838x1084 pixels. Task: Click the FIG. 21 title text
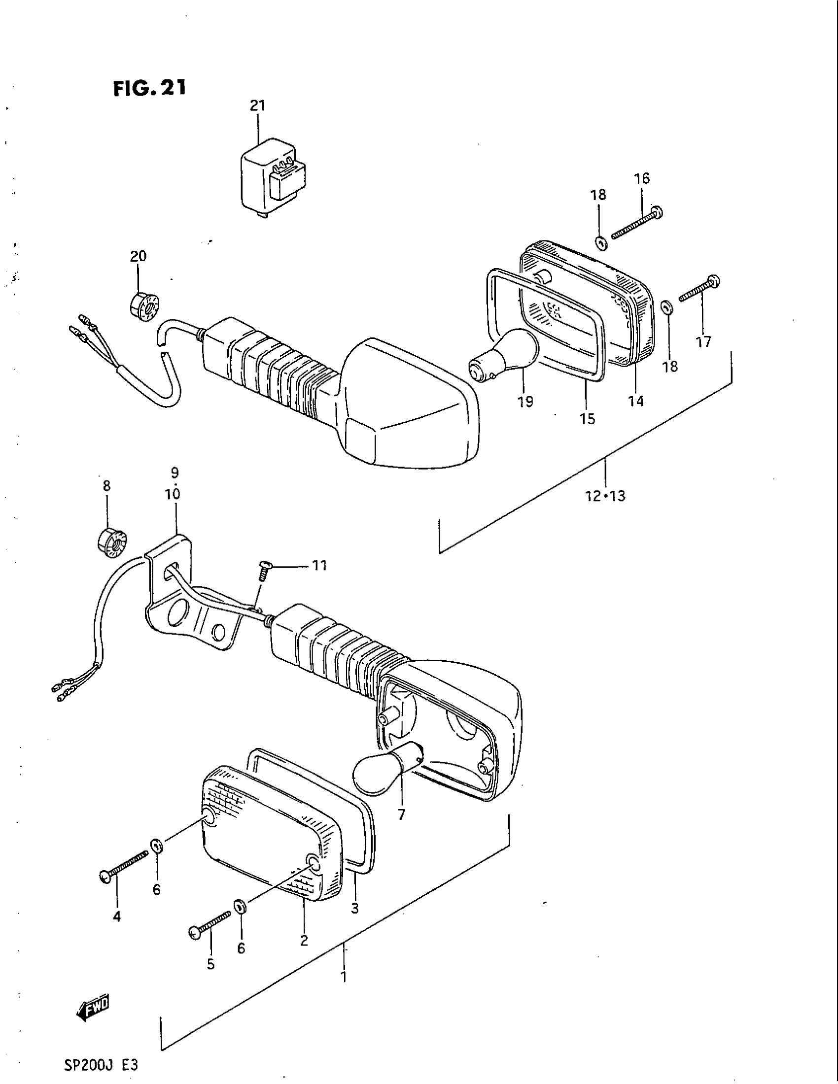pos(149,88)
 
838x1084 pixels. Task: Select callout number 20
pos(139,256)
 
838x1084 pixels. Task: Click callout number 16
pos(642,178)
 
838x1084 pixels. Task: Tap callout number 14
pos(636,401)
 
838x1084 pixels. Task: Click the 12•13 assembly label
pos(605,496)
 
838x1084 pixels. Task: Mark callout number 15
pos(587,419)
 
